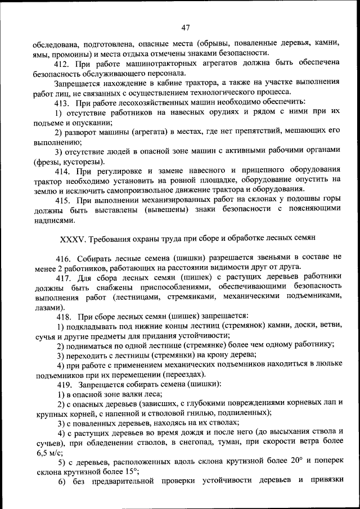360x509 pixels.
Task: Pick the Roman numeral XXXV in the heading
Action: point(72,240)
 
